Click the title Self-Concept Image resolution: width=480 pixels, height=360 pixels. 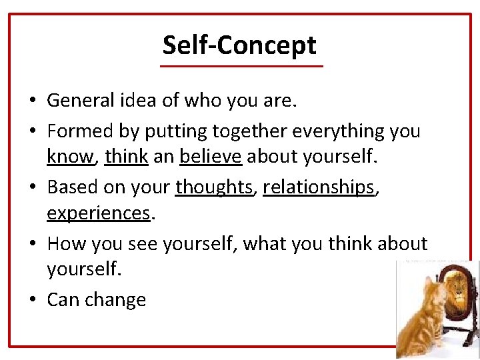(239, 45)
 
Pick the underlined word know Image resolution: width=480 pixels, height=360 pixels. (69, 156)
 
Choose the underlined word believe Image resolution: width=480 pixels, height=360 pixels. (211, 156)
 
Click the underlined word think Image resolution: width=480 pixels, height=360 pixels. (127, 156)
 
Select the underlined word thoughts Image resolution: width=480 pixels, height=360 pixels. (215, 188)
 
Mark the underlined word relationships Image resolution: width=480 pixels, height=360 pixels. (319, 188)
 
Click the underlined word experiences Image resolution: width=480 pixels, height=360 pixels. (98, 213)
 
